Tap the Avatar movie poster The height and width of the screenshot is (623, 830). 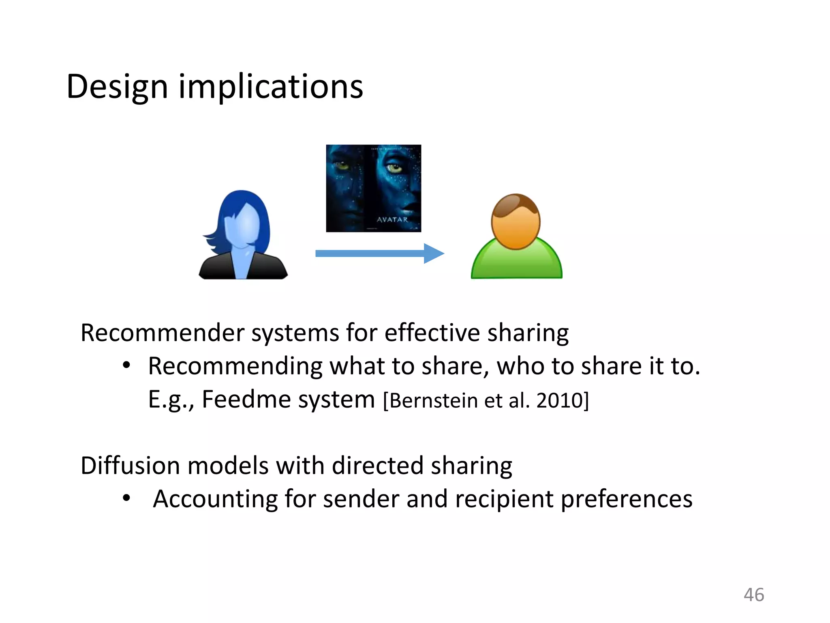(x=373, y=188)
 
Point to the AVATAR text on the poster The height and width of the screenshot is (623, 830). (x=392, y=220)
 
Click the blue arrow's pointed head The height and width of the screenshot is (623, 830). (x=434, y=253)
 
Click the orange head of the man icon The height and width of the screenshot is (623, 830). (x=516, y=221)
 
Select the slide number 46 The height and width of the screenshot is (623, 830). (x=754, y=595)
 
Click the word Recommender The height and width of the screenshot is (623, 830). (x=162, y=333)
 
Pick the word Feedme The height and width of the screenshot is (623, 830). (x=247, y=400)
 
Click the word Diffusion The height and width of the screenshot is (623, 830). (x=130, y=466)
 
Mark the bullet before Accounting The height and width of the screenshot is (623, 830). (x=126, y=498)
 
